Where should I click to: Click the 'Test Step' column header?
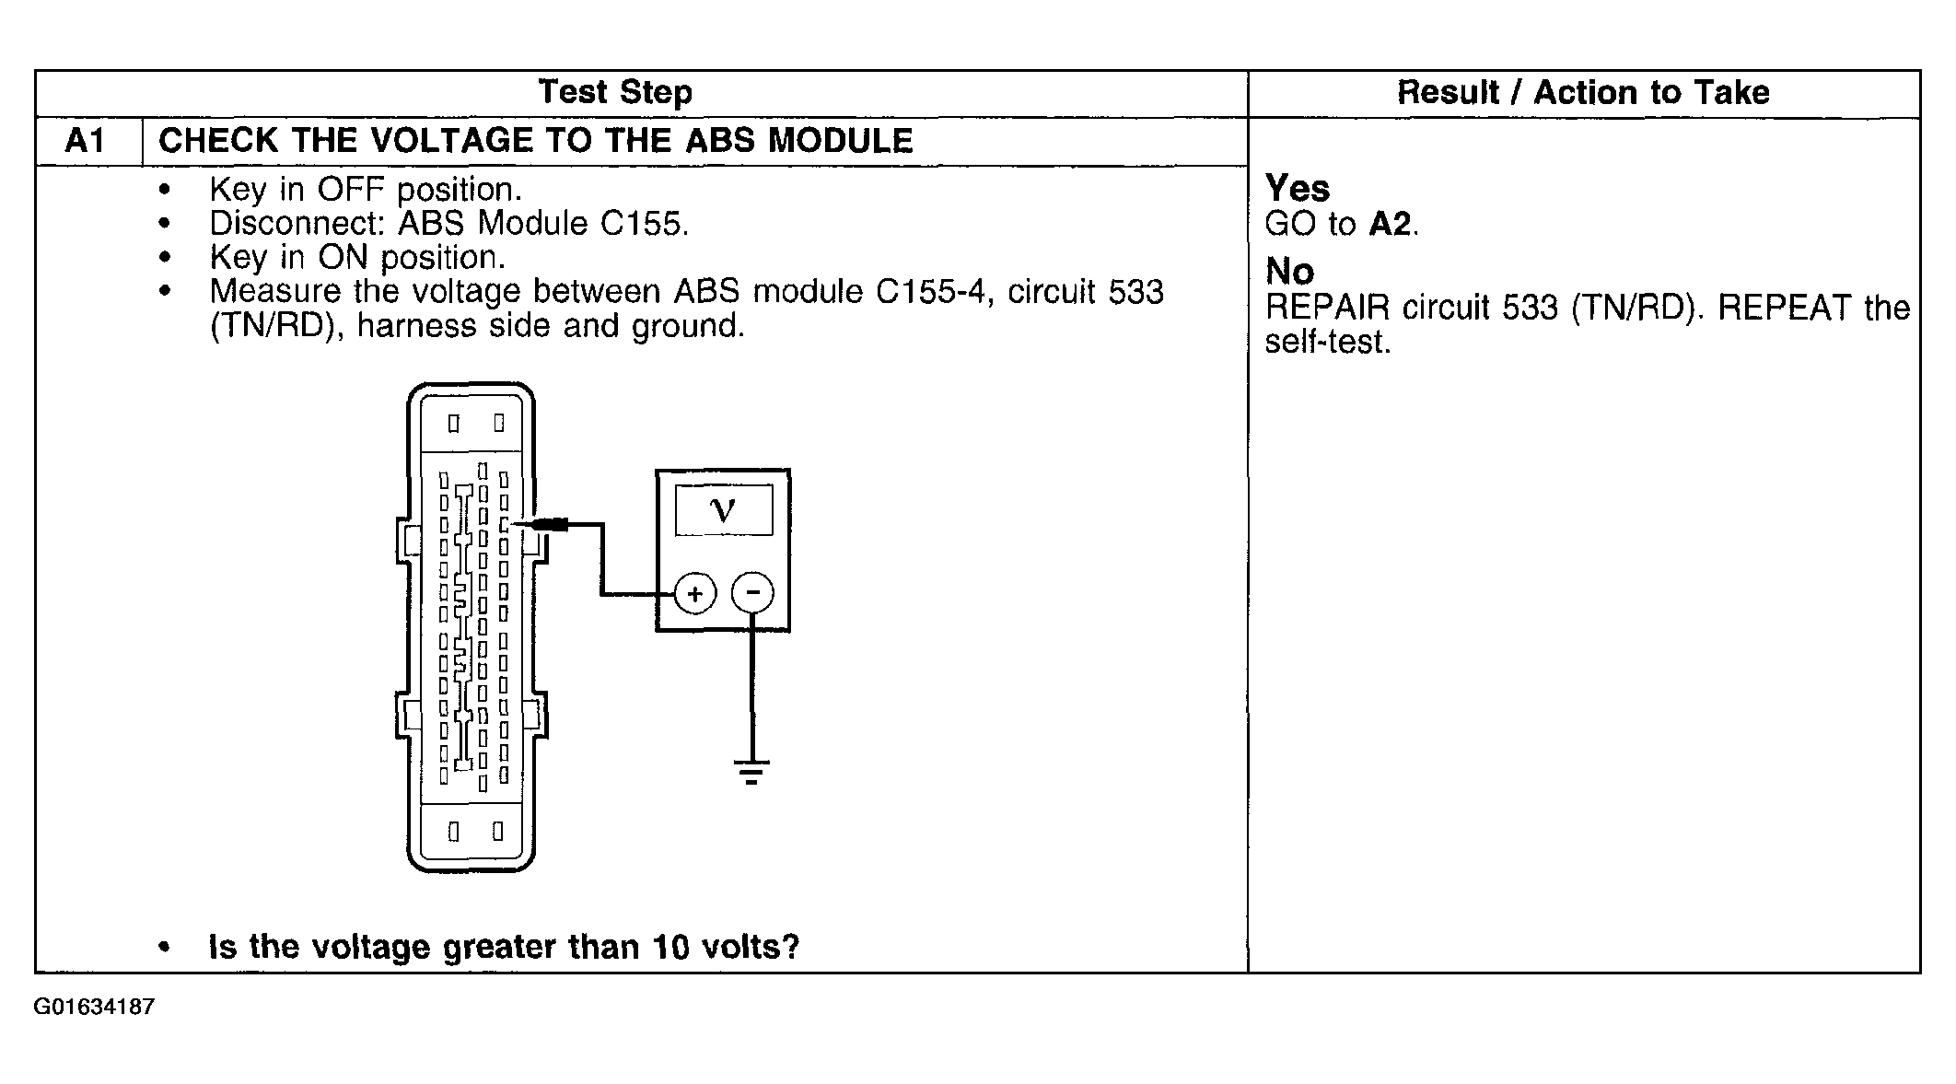[x=614, y=93]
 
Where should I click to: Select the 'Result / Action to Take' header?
[x=1583, y=93]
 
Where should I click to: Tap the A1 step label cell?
[x=87, y=142]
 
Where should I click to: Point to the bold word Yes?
[x=1297, y=189]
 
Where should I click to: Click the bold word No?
[x=1289, y=272]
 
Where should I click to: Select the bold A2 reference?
[x=1390, y=224]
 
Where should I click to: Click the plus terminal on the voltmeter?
[x=695, y=594]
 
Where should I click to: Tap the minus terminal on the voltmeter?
[x=752, y=593]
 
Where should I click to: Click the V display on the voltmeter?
[x=724, y=510]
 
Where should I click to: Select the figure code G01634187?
[x=94, y=1008]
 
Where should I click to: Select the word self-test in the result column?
[x=1325, y=343]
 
